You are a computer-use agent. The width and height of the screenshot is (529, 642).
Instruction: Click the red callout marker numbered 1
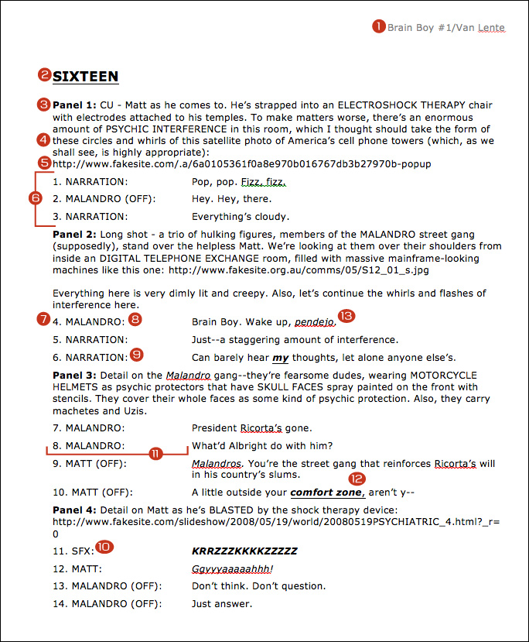coord(379,26)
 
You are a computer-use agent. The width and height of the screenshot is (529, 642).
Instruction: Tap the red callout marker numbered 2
coord(46,75)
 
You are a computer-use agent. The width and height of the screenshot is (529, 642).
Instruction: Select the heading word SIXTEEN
coord(86,76)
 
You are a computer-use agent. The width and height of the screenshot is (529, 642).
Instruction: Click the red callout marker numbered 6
coord(36,197)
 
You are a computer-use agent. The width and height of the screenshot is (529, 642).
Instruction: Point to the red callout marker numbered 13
coord(345,316)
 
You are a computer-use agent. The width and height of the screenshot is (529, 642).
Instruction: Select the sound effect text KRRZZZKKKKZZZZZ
coord(244,551)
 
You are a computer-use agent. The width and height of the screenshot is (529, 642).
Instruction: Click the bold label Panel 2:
coord(74,233)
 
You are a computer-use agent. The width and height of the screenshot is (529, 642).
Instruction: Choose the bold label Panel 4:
coord(74,510)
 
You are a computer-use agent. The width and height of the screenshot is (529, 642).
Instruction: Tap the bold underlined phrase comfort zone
coord(326,492)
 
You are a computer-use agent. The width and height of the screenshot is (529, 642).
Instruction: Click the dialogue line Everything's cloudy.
coord(241,217)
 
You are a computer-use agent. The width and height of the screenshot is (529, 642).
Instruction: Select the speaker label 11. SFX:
coord(73,551)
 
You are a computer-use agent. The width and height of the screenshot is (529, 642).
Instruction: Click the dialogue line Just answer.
coord(222,603)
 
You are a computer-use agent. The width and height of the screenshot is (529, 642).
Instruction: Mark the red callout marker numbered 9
coord(138,355)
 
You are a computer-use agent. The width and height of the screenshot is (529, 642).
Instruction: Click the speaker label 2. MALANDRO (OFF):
coord(105,199)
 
